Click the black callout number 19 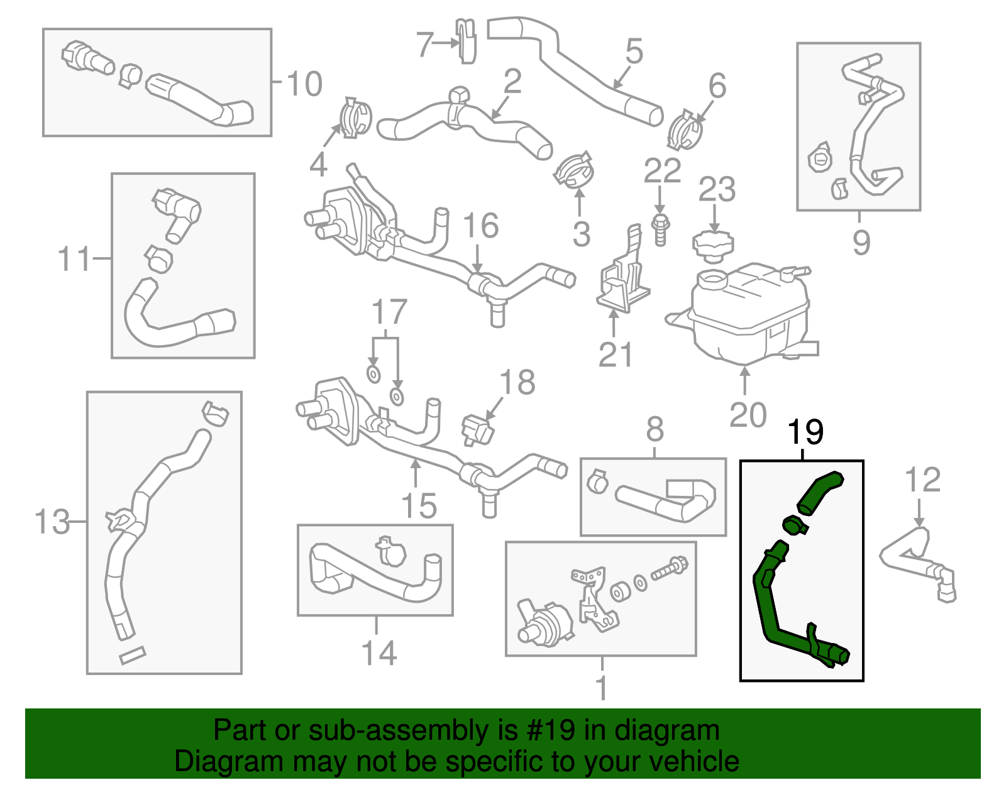[805, 432]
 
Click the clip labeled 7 [465, 41]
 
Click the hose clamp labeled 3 [574, 171]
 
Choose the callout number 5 [634, 51]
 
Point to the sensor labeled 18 [478, 430]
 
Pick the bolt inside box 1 [670, 568]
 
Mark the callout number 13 [52, 521]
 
